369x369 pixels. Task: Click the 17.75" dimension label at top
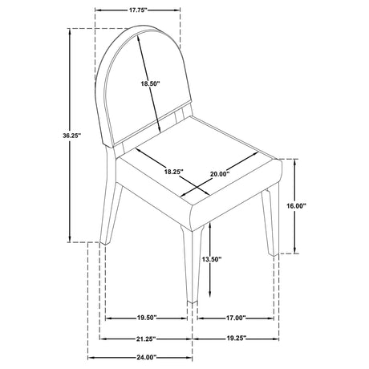(138, 10)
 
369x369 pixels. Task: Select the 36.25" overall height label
(71, 136)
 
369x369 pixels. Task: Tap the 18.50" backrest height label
(150, 83)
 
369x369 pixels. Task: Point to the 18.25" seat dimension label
(174, 172)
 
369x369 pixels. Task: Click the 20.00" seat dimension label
(220, 174)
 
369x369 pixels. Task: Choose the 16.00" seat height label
(296, 206)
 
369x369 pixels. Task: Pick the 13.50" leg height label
(212, 259)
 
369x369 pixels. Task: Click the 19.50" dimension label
(147, 318)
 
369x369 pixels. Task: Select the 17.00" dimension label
(236, 318)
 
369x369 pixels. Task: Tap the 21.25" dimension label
(146, 339)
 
